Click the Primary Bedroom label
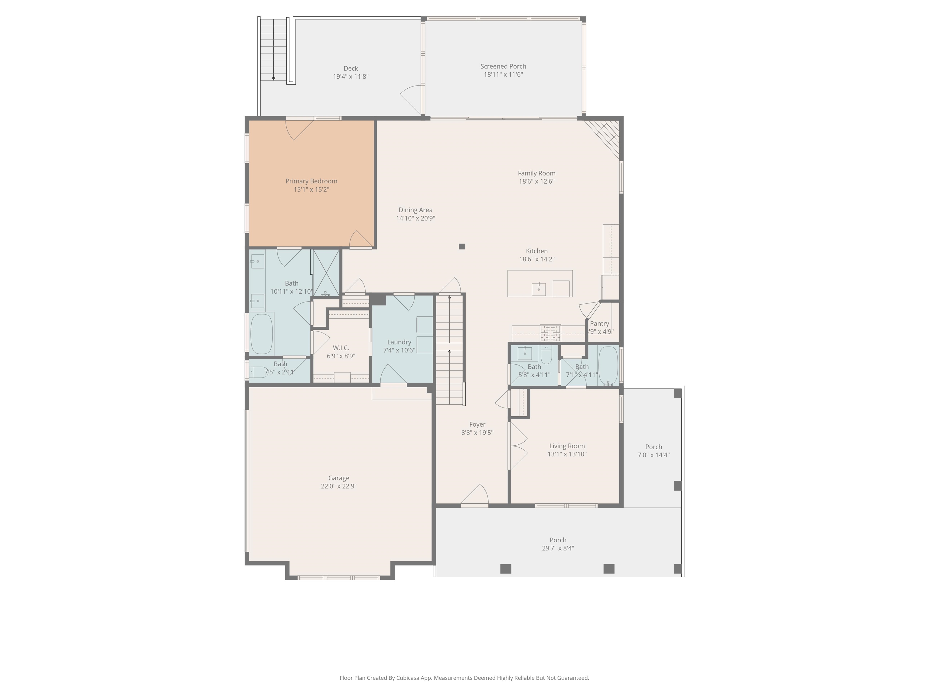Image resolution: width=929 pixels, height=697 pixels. point(311,181)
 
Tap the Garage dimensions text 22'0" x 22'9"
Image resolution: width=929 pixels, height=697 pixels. point(338,486)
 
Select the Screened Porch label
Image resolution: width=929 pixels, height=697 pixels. point(503,66)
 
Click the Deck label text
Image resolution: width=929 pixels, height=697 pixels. point(351,68)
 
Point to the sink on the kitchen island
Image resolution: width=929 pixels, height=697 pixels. point(539,289)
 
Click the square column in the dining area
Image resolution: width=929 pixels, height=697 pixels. point(462,247)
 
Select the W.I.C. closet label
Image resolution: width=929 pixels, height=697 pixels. point(341,348)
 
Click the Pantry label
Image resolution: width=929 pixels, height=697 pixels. point(599,323)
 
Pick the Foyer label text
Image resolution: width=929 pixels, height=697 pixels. point(477,424)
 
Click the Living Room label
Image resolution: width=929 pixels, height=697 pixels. point(567,446)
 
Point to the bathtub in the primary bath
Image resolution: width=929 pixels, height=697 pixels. point(262,334)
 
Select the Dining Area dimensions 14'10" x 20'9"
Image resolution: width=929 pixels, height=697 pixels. point(416,218)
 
